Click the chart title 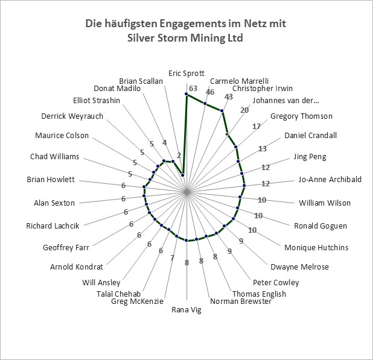point(185,30)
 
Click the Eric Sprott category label point(186,74)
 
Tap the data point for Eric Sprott point(186,95)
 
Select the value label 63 point(193,89)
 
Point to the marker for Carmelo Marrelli point(205,103)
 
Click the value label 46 point(210,92)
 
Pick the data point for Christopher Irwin point(222,111)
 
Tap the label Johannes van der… point(285,101)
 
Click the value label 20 point(244,110)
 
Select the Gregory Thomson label point(301,116)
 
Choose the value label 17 point(257,127)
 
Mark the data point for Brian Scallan point(182,175)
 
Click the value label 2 point(179,156)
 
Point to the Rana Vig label point(186,310)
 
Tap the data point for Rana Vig point(186,241)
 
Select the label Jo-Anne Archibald point(330,179)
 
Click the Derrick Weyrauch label point(72,116)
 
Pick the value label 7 point(173,257)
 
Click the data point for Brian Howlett point(144,186)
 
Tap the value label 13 point(263,149)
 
